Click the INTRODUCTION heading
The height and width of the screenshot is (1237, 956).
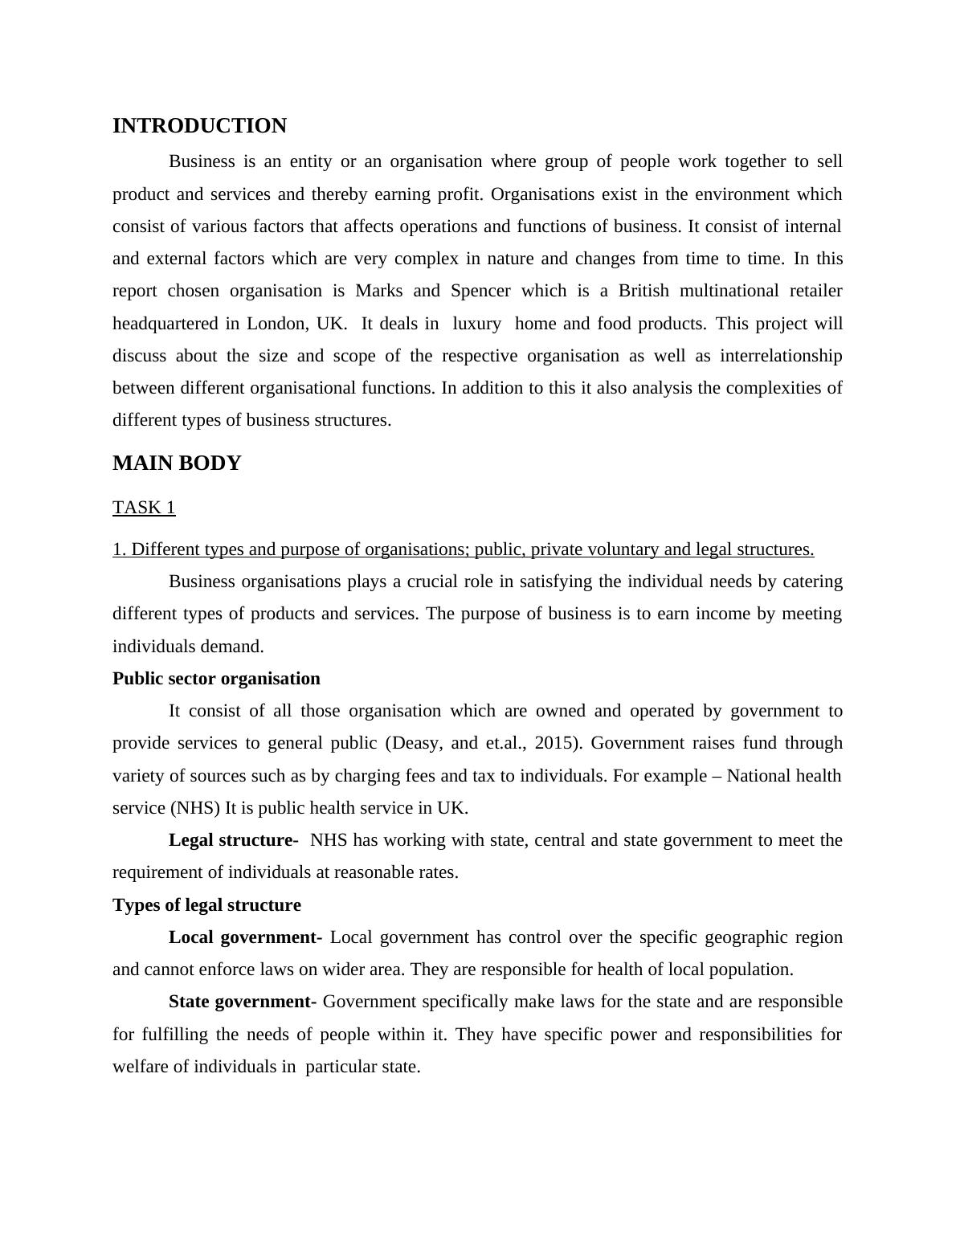coord(199,126)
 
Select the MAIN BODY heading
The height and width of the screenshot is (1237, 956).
coord(177,463)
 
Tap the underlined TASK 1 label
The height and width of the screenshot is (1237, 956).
coord(144,508)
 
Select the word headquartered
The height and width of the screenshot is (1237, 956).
coord(165,324)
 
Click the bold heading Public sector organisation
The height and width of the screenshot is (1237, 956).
coord(216,679)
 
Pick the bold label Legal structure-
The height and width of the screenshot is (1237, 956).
coord(233,840)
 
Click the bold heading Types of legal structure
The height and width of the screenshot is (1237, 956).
coord(206,905)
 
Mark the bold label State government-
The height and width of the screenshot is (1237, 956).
coord(243,1002)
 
